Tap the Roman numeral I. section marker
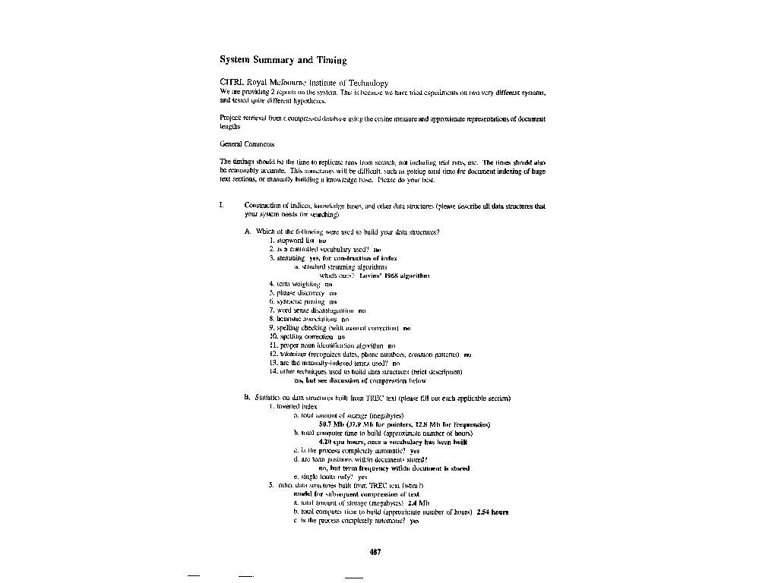(x=221, y=206)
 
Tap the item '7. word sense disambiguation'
(x=312, y=310)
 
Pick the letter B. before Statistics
(x=248, y=398)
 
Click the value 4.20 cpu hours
(x=339, y=441)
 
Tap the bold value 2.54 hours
(x=492, y=512)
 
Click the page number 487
(x=375, y=552)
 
